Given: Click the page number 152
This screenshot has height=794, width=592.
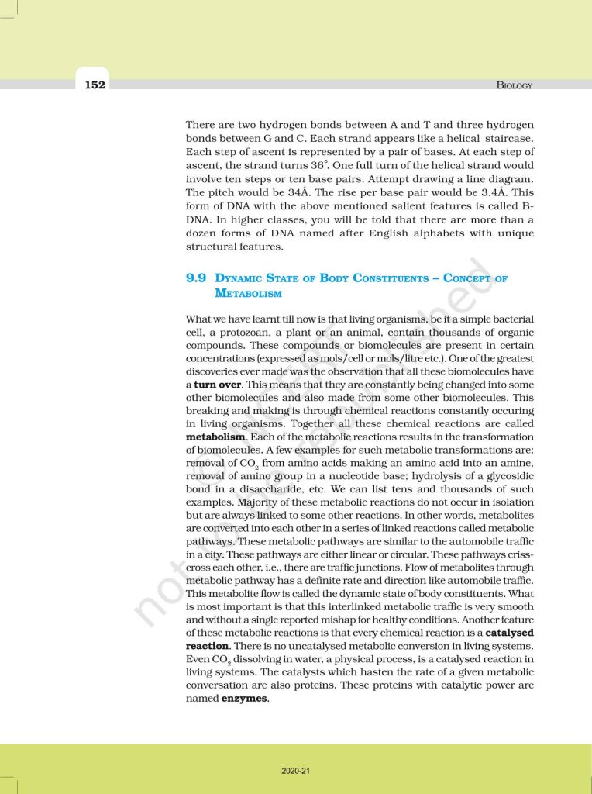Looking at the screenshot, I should point(95,85).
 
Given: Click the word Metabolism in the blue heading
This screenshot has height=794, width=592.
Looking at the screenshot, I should point(249,294).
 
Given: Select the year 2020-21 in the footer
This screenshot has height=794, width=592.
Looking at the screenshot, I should point(296,771).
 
